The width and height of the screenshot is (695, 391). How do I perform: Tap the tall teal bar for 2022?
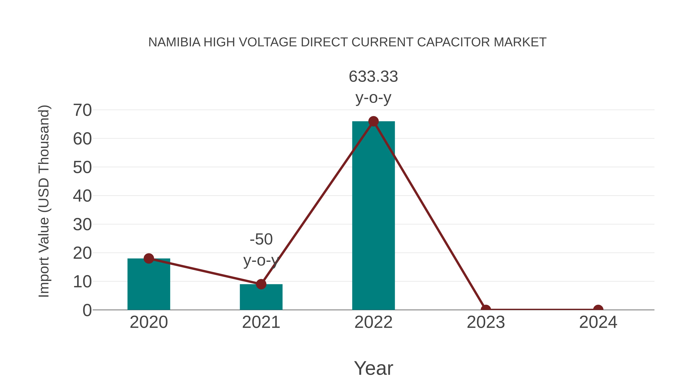373,216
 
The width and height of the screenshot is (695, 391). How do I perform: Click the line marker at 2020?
149,259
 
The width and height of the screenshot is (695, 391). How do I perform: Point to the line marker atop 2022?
373,121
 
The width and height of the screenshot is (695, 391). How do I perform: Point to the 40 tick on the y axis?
82,196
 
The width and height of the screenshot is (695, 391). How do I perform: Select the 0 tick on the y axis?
87,310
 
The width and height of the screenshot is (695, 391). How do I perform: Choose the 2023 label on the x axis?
486,322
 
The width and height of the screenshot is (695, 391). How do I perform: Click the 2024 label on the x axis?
598,322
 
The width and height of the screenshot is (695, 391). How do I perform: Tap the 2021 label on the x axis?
261,322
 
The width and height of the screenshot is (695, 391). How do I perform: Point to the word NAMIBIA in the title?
174,42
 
